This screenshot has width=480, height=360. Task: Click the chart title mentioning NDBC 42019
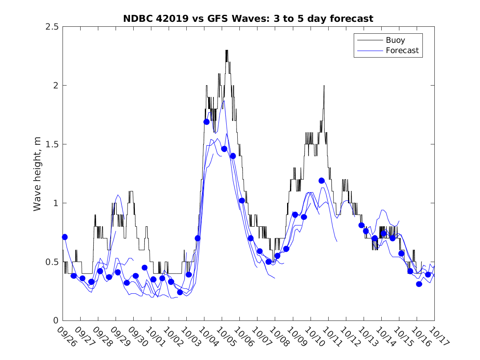(x=248, y=19)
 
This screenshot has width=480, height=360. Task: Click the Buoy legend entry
(x=395, y=40)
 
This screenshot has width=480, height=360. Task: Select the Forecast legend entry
(x=402, y=51)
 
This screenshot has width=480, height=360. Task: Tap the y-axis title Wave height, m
(x=37, y=173)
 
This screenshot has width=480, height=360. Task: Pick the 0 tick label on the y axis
(x=55, y=321)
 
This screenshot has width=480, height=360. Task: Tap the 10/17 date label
(x=438, y=336)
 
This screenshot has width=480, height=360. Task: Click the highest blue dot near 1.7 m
(x=206, y=122)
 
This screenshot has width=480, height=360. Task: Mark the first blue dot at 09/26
(x=65, y=237)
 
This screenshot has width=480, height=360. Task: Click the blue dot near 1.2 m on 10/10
(x=322, y=181)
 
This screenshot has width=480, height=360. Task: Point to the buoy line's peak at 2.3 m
(x=227, y=51)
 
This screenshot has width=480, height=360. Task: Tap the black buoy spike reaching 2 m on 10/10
(x=324, y=86)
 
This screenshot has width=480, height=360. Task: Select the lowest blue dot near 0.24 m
(x=180, y=292)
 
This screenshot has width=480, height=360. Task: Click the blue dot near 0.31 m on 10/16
(x=419, y=284)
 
